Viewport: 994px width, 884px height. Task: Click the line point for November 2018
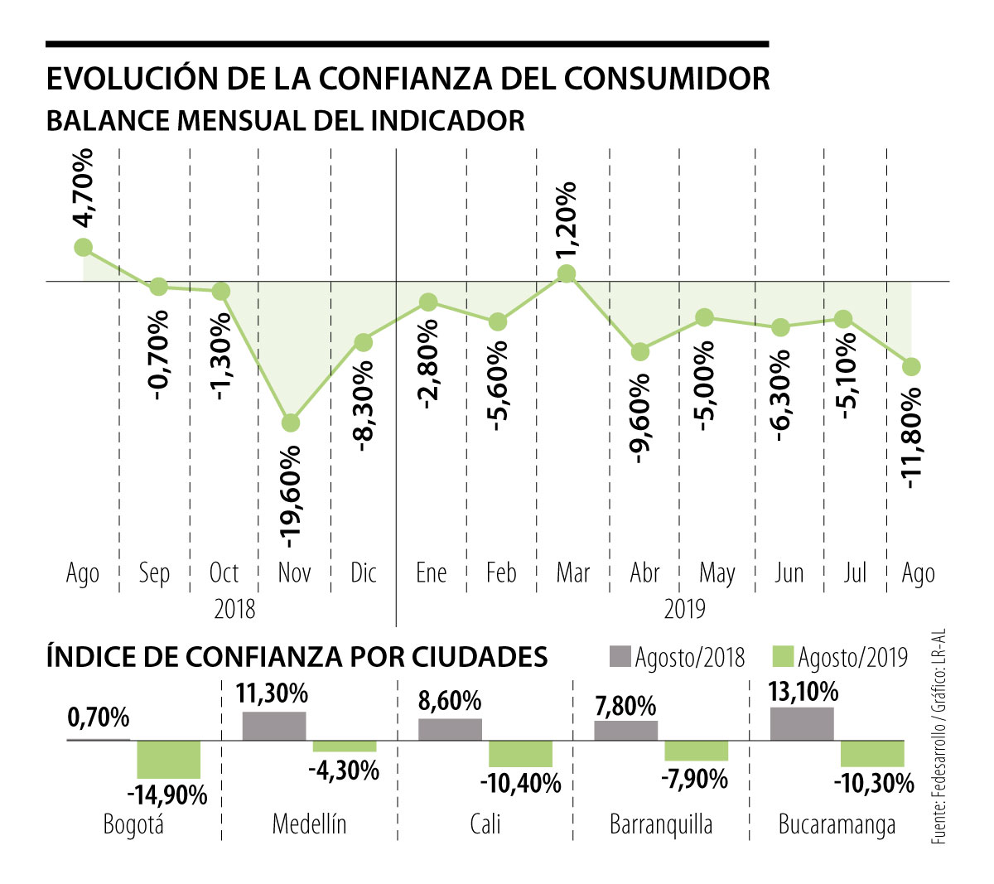pos(290,423)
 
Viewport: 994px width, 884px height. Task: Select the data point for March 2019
pos(567,274)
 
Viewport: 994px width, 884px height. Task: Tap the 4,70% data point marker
pos(83,247)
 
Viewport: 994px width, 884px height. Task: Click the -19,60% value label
pos(291,497)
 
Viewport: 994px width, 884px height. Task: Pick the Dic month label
pos(363,572)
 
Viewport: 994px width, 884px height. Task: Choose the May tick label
pos(717,573)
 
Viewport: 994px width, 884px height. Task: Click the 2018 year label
pos(234,609)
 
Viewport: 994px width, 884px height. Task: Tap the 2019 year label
pos(685,609)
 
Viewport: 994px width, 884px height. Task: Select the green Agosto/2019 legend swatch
pos(783,656)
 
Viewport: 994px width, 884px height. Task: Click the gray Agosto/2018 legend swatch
pos(620,656)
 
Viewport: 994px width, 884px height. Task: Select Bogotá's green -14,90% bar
pos(168,760)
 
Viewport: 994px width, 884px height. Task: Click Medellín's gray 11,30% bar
pos(274,726)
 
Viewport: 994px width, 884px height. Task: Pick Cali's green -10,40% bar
pos(520,753)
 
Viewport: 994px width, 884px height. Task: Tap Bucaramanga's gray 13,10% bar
pos(802,723)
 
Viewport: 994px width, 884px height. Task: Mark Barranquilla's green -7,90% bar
pos(697,750)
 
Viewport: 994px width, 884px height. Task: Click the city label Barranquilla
pos(661,824)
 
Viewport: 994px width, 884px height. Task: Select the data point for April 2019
pos(639,351)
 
